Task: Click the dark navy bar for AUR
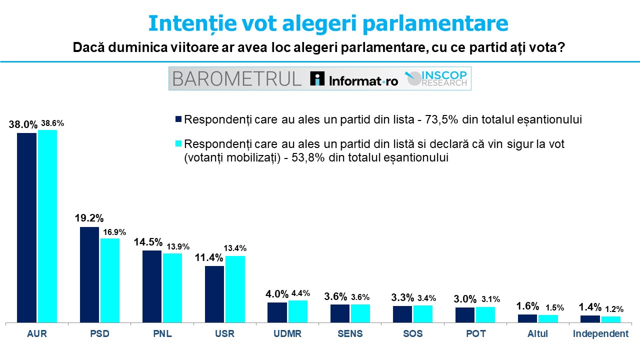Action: coord(27,227)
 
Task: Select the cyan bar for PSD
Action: coord(110,280)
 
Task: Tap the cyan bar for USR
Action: coord(235,289)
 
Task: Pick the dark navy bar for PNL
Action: coord(152,286)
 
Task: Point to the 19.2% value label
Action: coord(89,218)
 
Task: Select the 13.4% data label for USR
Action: coord(235,248)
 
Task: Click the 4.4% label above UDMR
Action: coord(298,293)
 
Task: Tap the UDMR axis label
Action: coord(287,334)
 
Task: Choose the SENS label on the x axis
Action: coord(350,334)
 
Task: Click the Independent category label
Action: coord(600,334)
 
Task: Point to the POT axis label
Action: coord(475,334)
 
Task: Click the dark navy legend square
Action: coord(178,120)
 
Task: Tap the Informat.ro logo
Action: coord(354,79)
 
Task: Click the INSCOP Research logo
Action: coord(436,78)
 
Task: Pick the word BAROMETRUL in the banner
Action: coord(237,79)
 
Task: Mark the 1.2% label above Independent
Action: coord(611,308)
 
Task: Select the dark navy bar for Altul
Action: coord(527,318)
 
